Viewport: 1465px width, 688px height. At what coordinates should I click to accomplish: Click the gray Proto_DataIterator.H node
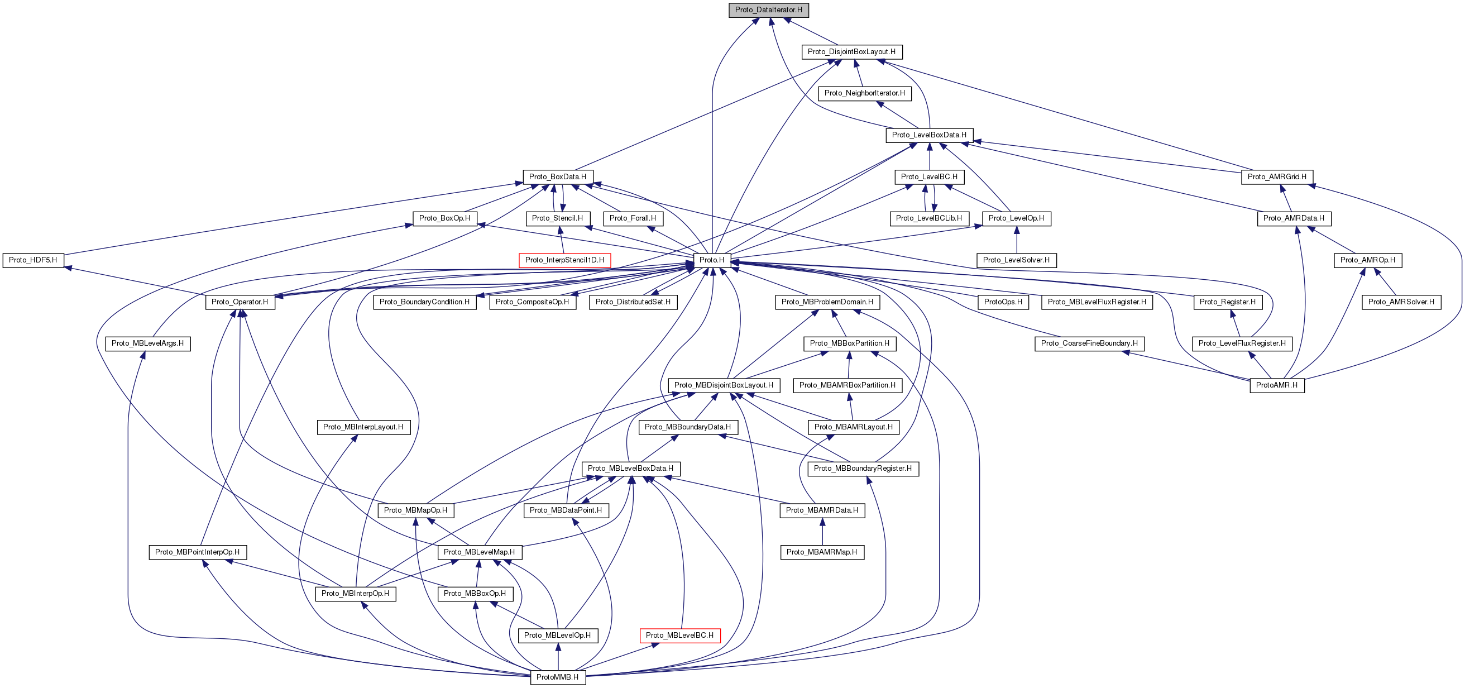tap(768, 9)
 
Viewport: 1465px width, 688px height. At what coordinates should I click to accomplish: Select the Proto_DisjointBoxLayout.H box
tap(851, 52)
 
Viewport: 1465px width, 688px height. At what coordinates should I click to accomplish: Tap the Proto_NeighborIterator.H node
tap(864, 93)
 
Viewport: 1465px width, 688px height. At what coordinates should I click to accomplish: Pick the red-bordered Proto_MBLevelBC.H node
tap(679, 635)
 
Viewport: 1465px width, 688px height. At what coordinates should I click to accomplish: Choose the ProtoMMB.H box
tap(557, 677)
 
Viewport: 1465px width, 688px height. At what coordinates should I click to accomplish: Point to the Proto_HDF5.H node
tap(33, 260)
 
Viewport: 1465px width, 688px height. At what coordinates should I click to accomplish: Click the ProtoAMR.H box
tap(1277, 385)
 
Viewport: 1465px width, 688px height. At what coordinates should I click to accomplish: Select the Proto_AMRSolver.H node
tap(1401, 302)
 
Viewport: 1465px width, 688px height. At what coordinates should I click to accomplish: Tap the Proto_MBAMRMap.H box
tap(822, 552)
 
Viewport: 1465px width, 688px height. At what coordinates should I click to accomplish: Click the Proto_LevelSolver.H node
tap(1016, 260)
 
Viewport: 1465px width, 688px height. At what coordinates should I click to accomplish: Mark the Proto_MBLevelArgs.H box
tap(147, 343)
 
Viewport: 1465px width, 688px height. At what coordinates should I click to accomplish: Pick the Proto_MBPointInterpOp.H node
tap(197, 552)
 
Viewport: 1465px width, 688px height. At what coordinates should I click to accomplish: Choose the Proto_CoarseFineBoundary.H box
tap(1089, 343)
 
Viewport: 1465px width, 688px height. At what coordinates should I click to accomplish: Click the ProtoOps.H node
tap(1003, 302)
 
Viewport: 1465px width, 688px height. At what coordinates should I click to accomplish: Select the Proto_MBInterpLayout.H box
tap(363, 427)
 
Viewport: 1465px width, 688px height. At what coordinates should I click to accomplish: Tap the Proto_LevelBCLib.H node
tap(928, 218)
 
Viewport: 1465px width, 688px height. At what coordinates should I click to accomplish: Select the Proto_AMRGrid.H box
tap(1277, 176)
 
